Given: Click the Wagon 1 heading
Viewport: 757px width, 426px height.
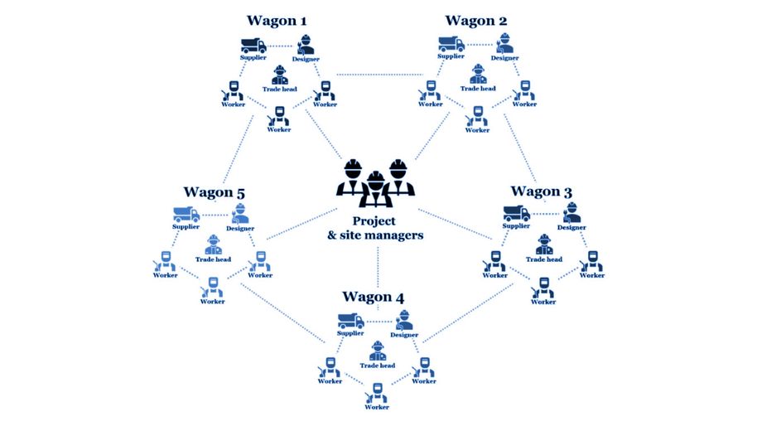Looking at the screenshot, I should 278,20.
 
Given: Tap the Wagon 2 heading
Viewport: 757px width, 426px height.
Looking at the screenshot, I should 477,20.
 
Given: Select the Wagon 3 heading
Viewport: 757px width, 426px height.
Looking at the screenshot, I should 542,191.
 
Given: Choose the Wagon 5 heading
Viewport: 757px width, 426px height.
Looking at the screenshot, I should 215,193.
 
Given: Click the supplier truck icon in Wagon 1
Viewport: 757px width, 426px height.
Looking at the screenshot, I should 253,45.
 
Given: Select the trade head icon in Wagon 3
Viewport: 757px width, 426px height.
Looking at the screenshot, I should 544,245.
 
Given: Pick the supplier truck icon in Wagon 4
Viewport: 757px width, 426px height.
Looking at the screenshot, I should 350,321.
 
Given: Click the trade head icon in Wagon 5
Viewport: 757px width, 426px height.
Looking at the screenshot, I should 213,245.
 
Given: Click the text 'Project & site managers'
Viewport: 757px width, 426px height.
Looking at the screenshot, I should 376,228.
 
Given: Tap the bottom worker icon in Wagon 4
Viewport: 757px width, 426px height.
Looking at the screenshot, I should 378,391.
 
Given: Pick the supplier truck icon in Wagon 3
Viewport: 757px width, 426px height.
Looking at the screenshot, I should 517,214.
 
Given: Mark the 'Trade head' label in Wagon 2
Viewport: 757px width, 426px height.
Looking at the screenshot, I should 478,89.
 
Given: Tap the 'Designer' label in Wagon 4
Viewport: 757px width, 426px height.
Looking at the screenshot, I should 403,335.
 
